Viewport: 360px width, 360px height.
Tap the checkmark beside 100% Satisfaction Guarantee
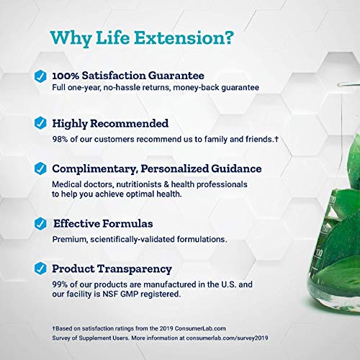tap(40, 75)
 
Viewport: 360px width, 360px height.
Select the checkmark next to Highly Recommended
tap(40, 123)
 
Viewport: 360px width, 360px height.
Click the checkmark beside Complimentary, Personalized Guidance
tap(40, 169)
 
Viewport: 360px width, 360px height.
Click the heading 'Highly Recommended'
tap(110, 123)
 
